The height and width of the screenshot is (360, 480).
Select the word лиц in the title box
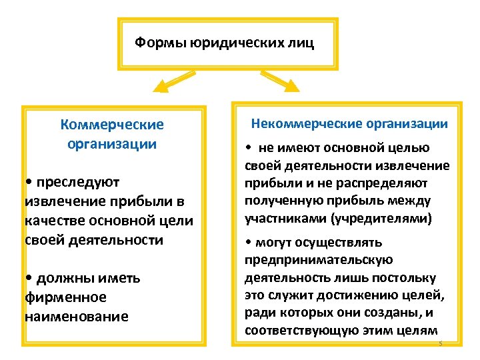click(299, 43)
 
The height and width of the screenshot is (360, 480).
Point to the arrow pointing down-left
click(169, 83)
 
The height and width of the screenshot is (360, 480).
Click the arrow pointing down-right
click(284, 82)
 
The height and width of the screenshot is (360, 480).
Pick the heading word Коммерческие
click(112, 125)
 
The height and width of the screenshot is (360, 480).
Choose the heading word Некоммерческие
click(301, 124)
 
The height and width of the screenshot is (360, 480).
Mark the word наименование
click(76, 315)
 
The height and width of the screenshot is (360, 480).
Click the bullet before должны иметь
click(28, 277)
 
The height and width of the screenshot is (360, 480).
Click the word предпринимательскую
click(319, 259)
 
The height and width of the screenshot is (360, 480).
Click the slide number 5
click(440, 343)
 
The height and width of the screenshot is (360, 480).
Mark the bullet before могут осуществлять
click(249, 242)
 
